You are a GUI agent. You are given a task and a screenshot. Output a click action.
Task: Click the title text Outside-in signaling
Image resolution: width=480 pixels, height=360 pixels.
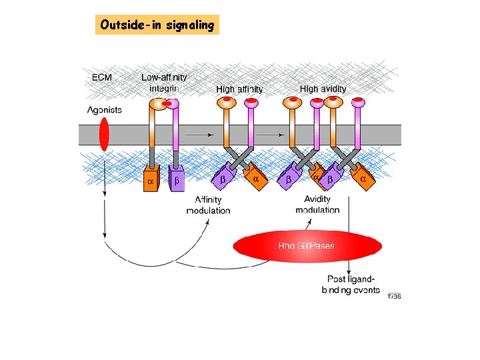click(157, 25)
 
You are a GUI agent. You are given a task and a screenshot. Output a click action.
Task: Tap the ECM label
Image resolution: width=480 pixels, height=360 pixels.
click(101, 77)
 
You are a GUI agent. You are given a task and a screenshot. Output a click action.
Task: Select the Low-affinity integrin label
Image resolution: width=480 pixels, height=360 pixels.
click(164, 82)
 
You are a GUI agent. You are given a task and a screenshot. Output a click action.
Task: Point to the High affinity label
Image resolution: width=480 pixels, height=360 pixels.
click(239, 89)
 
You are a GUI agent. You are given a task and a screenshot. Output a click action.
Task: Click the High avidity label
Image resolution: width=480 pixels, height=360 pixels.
click(323, 88)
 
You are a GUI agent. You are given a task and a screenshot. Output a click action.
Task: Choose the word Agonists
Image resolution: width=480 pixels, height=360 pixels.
click(105, 110)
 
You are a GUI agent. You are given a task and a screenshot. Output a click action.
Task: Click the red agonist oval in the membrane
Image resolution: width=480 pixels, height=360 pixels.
click(104, 134)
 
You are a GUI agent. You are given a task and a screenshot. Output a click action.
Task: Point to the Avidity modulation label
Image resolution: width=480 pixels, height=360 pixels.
click(317, 204)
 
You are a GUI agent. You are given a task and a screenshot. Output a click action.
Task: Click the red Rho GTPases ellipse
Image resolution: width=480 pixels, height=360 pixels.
click(307, 246)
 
